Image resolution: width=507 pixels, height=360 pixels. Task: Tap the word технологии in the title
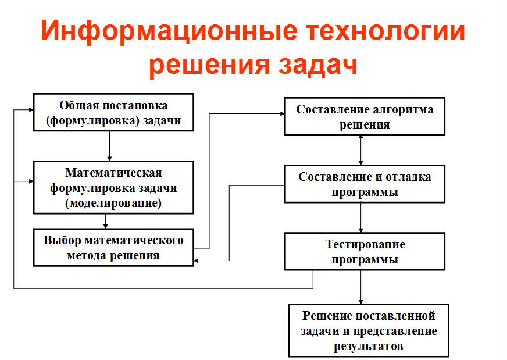[x=386, y=31]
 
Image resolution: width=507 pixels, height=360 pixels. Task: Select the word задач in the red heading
[x=318, y=65]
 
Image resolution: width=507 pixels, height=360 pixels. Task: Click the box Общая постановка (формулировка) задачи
[x=113, y=113]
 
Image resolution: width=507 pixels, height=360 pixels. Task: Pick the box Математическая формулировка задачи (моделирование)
[x=113, y=188]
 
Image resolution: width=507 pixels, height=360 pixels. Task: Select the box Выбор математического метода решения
[x=113, y=247]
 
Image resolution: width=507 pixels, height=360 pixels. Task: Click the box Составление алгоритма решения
[x=365, y=116]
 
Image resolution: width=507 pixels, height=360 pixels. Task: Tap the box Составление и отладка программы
[x=365, y=184]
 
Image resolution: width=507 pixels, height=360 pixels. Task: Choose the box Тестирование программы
[x=365, y=251]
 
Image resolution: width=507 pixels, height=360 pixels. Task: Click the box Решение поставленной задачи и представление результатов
[x=369, y=330]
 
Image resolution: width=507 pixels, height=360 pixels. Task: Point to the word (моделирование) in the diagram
[x=113, y=203]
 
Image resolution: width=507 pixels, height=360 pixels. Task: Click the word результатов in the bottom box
[x=369, y=347]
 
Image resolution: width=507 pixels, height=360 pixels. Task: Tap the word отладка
[x=408, y=177]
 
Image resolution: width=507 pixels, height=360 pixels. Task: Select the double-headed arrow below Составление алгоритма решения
[x=361, y=150]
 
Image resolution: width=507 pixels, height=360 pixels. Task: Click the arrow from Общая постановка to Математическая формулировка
[x=110, y=146]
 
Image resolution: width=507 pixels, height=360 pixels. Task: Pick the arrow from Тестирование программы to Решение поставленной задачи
[x=361, y=287]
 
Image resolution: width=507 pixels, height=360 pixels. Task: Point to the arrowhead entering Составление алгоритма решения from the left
[x=282, y=114]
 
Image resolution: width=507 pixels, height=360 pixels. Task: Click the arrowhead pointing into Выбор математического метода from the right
[x=197, y=261]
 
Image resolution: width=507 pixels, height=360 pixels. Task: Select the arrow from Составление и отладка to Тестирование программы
[x=361, y=218]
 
